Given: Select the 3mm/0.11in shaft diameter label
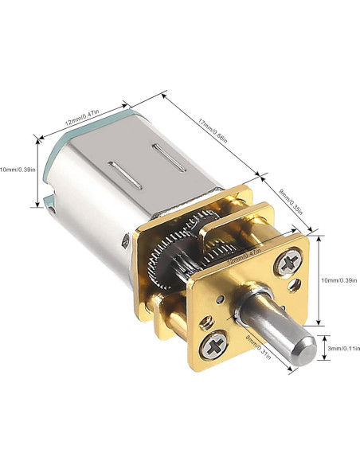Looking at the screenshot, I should [x=343, y=348].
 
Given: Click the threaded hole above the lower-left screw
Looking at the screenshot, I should [x=208, y=322].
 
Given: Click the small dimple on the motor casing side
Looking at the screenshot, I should [x=125, y=238].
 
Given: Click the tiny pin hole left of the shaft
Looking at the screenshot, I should [x=221, y=300].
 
